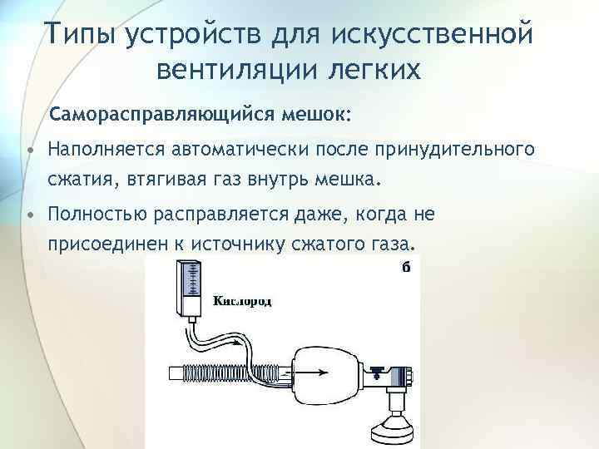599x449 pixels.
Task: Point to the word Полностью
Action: point(96,215)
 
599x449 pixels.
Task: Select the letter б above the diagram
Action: point(405,266)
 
